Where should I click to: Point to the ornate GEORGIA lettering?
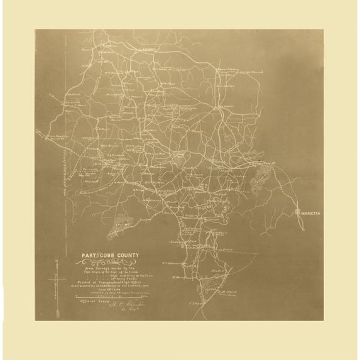tap(114, 263)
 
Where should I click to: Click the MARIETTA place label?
tap(311, 214)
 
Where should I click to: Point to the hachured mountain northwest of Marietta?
tap(258, 182)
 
